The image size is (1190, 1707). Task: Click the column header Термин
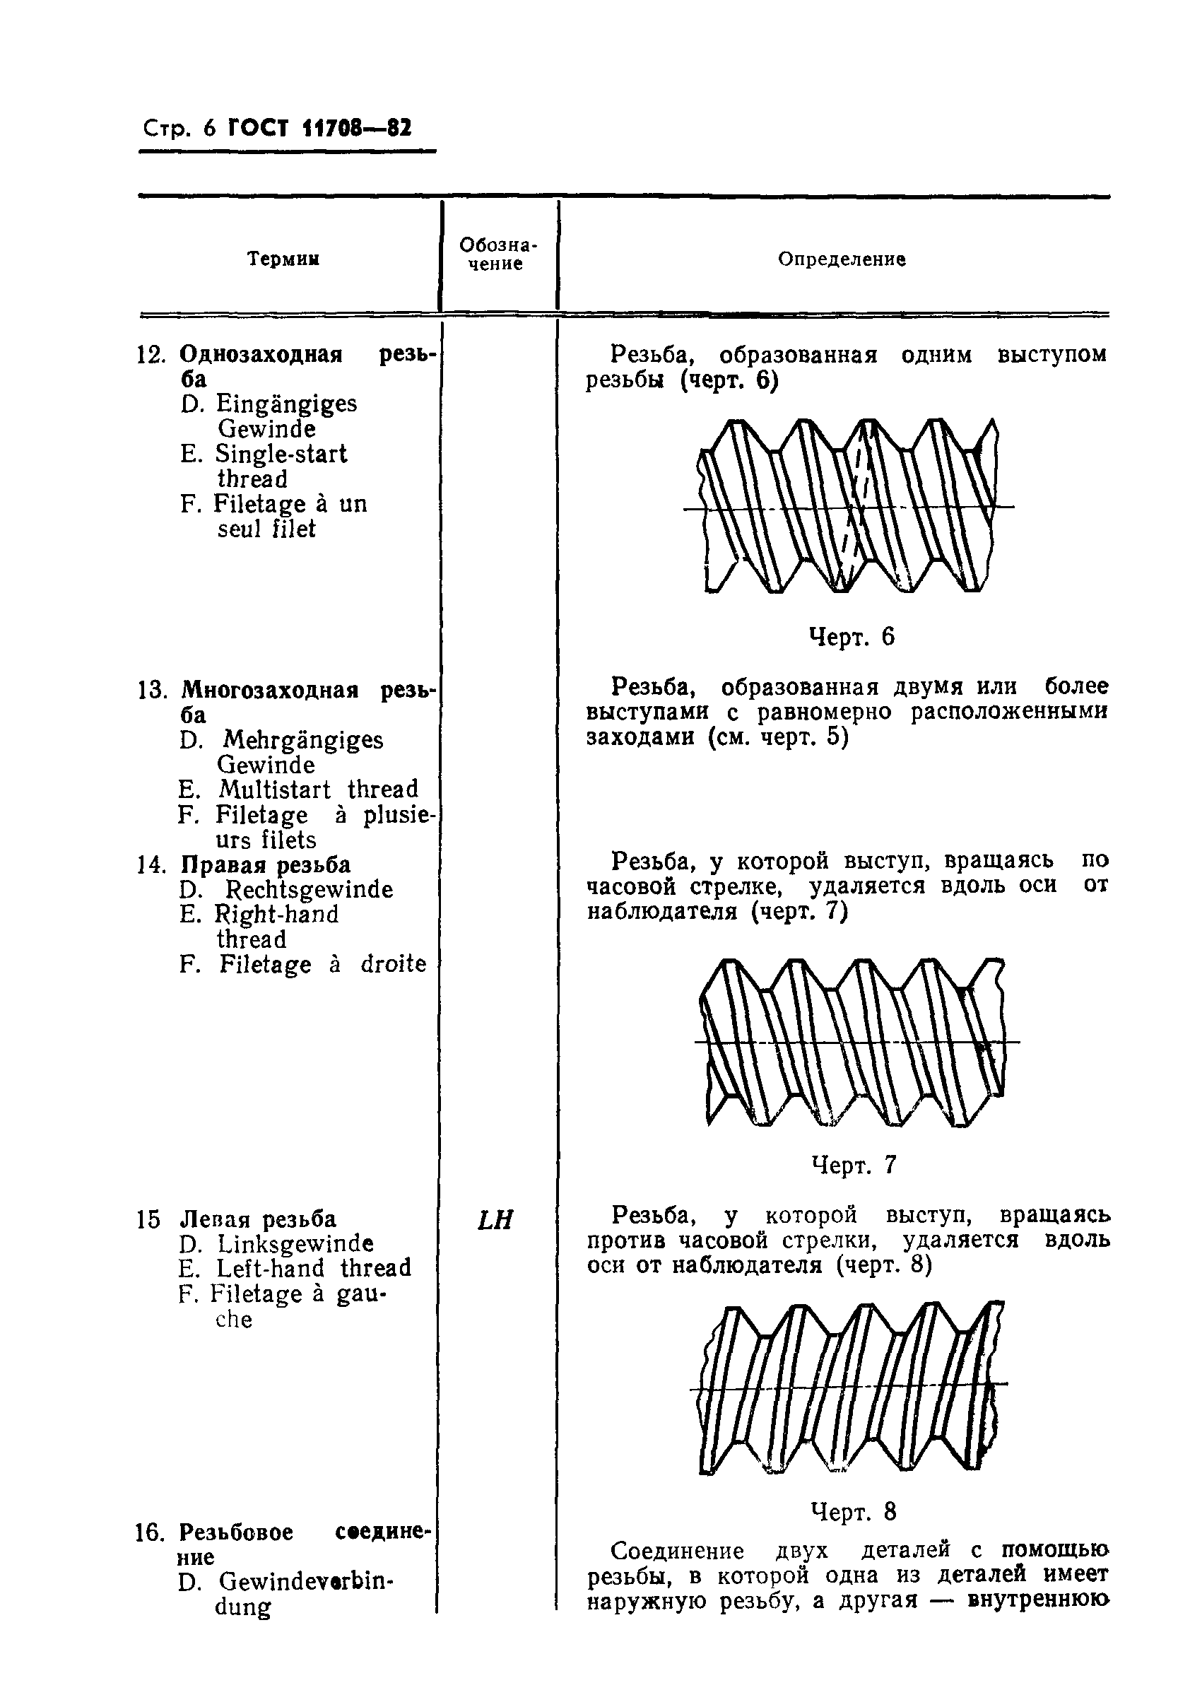(283, 259)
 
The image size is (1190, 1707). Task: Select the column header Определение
(842, 259)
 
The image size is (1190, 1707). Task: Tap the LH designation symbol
(495, 1220)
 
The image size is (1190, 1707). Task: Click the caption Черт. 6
(851, 636)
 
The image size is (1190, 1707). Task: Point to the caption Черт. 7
(854, 1164)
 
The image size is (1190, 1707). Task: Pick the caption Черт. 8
(854, 1511)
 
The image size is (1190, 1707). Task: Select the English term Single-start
(281, 454)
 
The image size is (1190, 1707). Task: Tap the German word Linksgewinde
(295, 1243)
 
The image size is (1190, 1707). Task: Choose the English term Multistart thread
(318, 789)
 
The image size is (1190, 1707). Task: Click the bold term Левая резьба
(258, 1219)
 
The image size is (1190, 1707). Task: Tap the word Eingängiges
(286, 404)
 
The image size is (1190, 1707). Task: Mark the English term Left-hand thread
(313, 1267)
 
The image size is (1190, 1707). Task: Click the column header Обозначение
(497, 254)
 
